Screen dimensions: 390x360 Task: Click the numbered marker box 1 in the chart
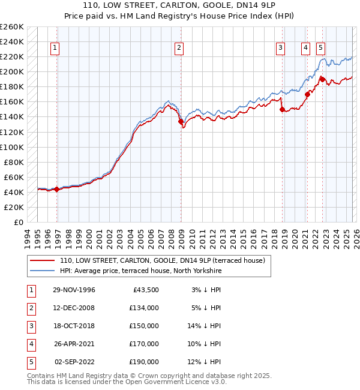coord(55,49)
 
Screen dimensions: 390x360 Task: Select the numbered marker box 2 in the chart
coord(179,49)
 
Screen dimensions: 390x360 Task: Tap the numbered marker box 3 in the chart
coord(280,49)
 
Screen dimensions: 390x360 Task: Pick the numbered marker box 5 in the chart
coord(321,49)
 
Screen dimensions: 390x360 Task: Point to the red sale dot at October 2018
coord(281,109)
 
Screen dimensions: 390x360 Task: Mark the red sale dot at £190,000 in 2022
coord(322,79)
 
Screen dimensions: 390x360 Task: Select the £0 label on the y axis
coord(19,222)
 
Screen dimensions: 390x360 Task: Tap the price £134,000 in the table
coord(144,308)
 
